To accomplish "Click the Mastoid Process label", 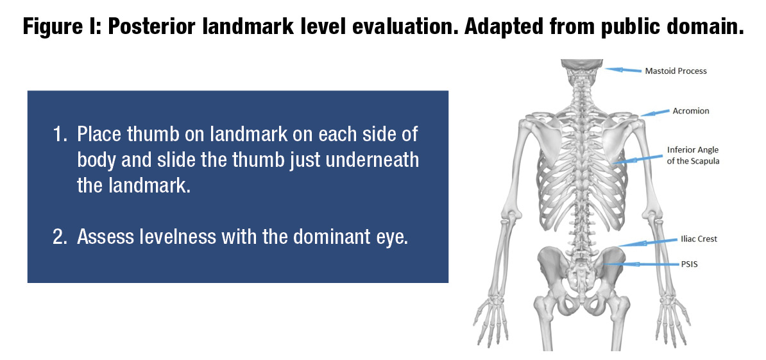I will (676, 71).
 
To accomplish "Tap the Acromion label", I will (690, 111).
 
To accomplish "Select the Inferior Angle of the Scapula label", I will (693, 155).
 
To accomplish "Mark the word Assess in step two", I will (103, 237).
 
